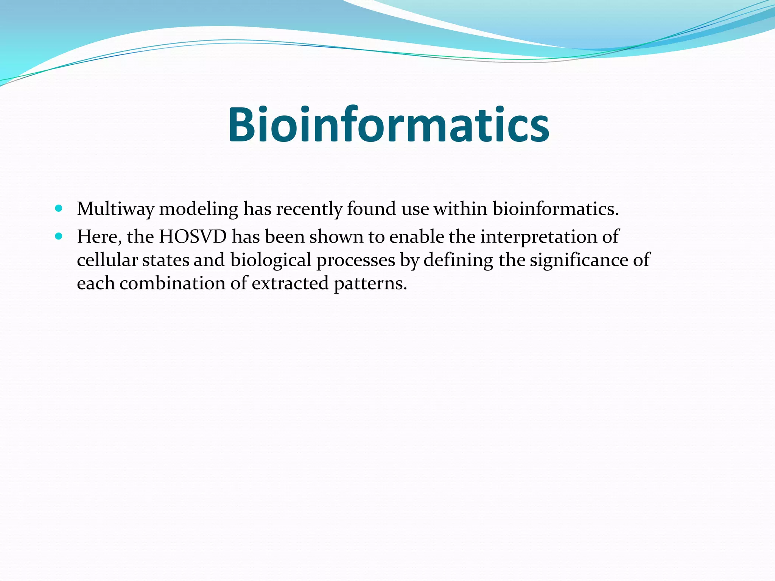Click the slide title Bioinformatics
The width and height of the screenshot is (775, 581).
pyautogui.click(x=388, y=125)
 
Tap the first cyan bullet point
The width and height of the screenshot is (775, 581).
pyautogui.click(x=58, y=208)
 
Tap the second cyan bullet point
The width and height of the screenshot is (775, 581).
pyautogui.click(x=58, y=236)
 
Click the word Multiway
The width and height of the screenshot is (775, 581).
pyautogui.click(x=115, y=209)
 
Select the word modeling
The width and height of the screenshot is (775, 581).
pyautogui.click(x=198, y=209)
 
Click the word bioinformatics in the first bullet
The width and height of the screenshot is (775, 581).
pyautogui.click(x=555, y=208)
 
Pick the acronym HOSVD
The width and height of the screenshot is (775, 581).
pyautogui.click(x=193, y=237)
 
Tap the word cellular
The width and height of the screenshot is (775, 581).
pyautogui.click(x=107, y=260)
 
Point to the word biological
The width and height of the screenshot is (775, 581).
pyautogui.click(x=271, y=260)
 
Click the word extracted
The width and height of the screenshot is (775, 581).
pyautogui.click(x=290, y=283)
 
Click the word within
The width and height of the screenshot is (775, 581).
pyautogui.click(x=460, y=208)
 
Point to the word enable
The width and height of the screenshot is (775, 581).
pyautogui.click(x=417, y=237)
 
